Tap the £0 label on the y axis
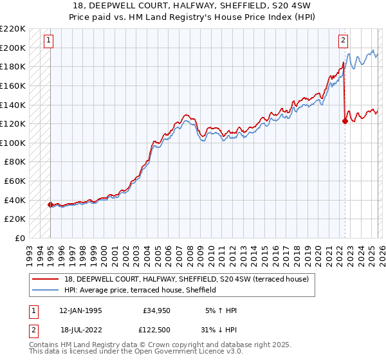pyautogui.click(x=19, y=238)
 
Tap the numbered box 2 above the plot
pyautogui.click(x=343, y=40)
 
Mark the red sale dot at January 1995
pyautogui.click(x=50, y=204)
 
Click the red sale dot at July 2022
pyautogui.click(x=345, y=121)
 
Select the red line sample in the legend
pyautogui.click(x=46, y=279)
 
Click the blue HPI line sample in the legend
pyautogui.click(x=46, y=290)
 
